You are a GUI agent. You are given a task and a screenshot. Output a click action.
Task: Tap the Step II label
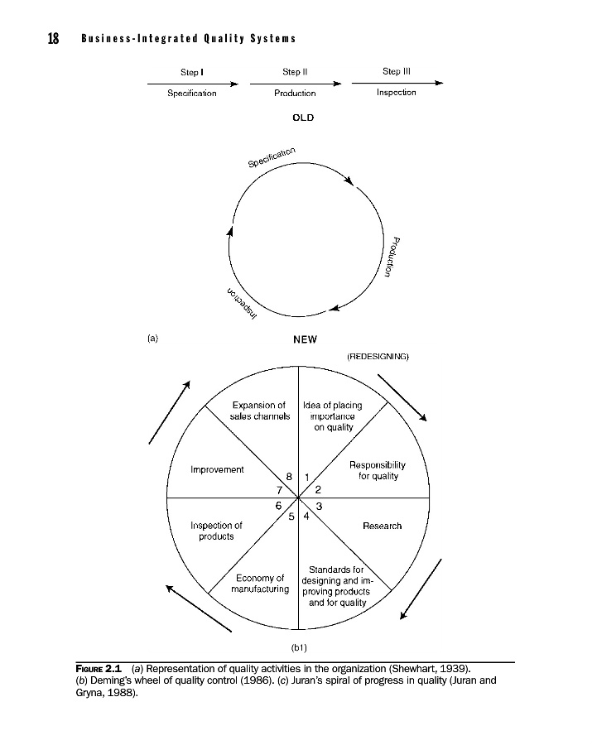click(x=295, y=72)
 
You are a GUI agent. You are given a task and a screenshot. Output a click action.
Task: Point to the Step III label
click(x=397, y=72)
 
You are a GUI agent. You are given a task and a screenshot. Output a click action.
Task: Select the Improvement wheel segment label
click(x=217, y=469)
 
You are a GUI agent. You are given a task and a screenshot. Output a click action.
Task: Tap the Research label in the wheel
click(x=382, y=526)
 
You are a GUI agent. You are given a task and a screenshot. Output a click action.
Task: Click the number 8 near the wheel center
click(x=289, y=477)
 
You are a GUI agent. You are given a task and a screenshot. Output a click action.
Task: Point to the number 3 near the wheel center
click(x=319, y=505)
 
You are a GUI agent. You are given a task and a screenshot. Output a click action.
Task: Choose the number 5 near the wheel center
click(x=291, y=518)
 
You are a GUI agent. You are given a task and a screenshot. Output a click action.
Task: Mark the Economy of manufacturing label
click(x=260, y=584)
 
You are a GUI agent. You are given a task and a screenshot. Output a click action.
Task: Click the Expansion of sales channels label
click(x=258, y=411)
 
